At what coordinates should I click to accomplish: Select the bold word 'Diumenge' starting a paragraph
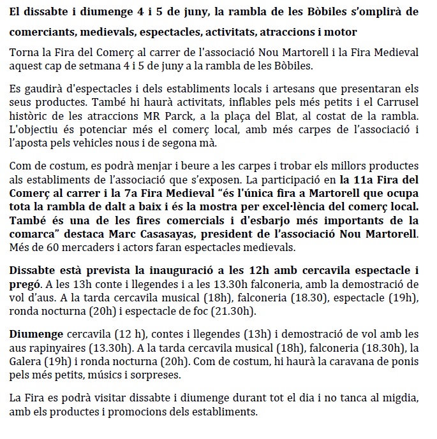point(34,333)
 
